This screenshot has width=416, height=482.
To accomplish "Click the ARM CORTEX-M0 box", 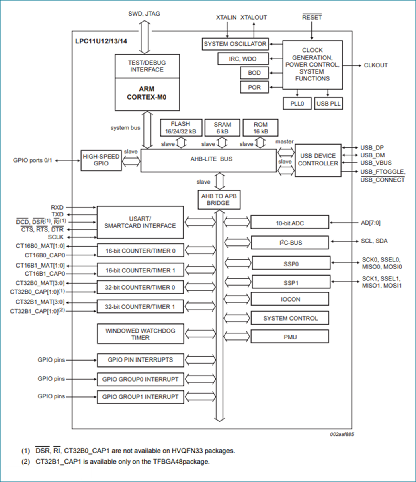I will tap(147, 94).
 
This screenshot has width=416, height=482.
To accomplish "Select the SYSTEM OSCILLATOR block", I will tap(235, 44).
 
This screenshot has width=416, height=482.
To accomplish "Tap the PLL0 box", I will tap(297, 104).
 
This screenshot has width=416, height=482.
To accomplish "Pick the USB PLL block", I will tap(328, 104).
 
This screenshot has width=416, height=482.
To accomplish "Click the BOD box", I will tap(254, 73).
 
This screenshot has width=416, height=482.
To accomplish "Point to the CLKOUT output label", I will tap(376, 65).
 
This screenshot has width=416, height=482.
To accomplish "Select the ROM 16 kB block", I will tap(260, 128).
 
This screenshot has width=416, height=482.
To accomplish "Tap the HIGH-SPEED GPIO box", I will tap(101, 160).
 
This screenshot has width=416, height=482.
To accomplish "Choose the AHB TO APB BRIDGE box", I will tap(219, 200).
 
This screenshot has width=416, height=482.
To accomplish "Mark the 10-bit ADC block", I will tap(289, 222).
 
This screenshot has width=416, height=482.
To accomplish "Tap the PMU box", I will tap(290, 337).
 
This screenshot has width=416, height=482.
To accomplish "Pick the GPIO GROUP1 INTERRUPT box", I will tap(140, 397).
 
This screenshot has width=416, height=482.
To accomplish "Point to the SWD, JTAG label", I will tap(144, 13).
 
